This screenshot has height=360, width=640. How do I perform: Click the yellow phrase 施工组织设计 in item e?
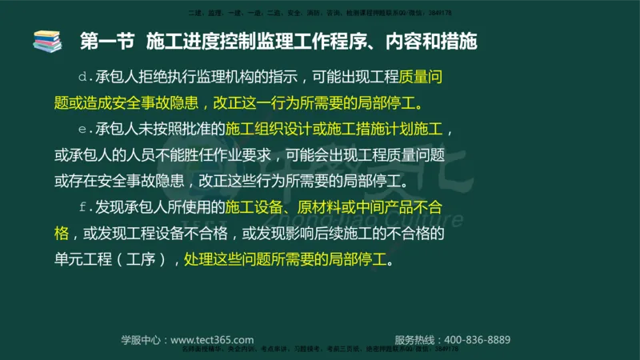click(265, 130)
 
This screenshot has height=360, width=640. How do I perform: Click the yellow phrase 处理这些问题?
click(225, 260)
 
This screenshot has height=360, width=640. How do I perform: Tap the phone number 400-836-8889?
click(477, 339)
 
